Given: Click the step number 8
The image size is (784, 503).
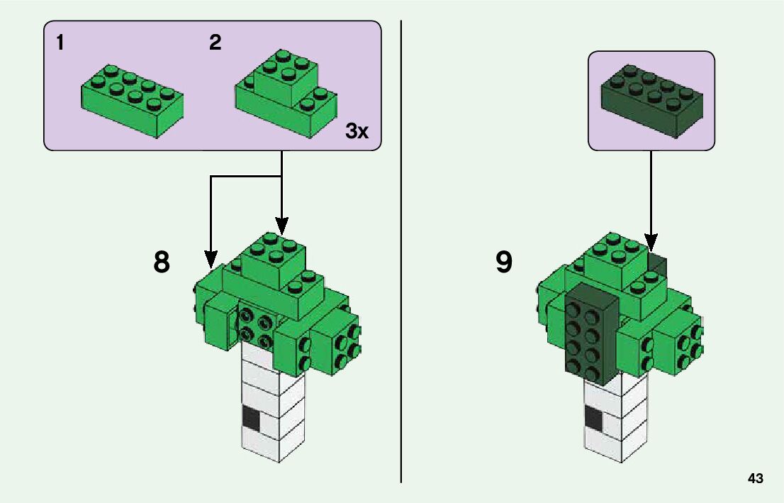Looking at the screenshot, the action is [162, 262].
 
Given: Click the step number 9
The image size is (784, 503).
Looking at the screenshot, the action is [503, 262].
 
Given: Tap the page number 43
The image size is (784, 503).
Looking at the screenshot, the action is [755, 479].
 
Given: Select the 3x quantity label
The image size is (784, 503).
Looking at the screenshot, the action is [357, 131].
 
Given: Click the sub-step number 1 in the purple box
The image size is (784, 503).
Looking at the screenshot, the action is [60, 43].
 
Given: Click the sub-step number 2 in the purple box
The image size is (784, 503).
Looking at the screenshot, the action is [215, 43].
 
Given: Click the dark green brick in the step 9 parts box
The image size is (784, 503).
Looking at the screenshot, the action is [652, 99].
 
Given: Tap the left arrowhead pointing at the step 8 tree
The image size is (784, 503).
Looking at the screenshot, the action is [211, 259].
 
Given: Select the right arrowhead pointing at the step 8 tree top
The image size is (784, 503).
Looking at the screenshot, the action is [282, 226].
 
